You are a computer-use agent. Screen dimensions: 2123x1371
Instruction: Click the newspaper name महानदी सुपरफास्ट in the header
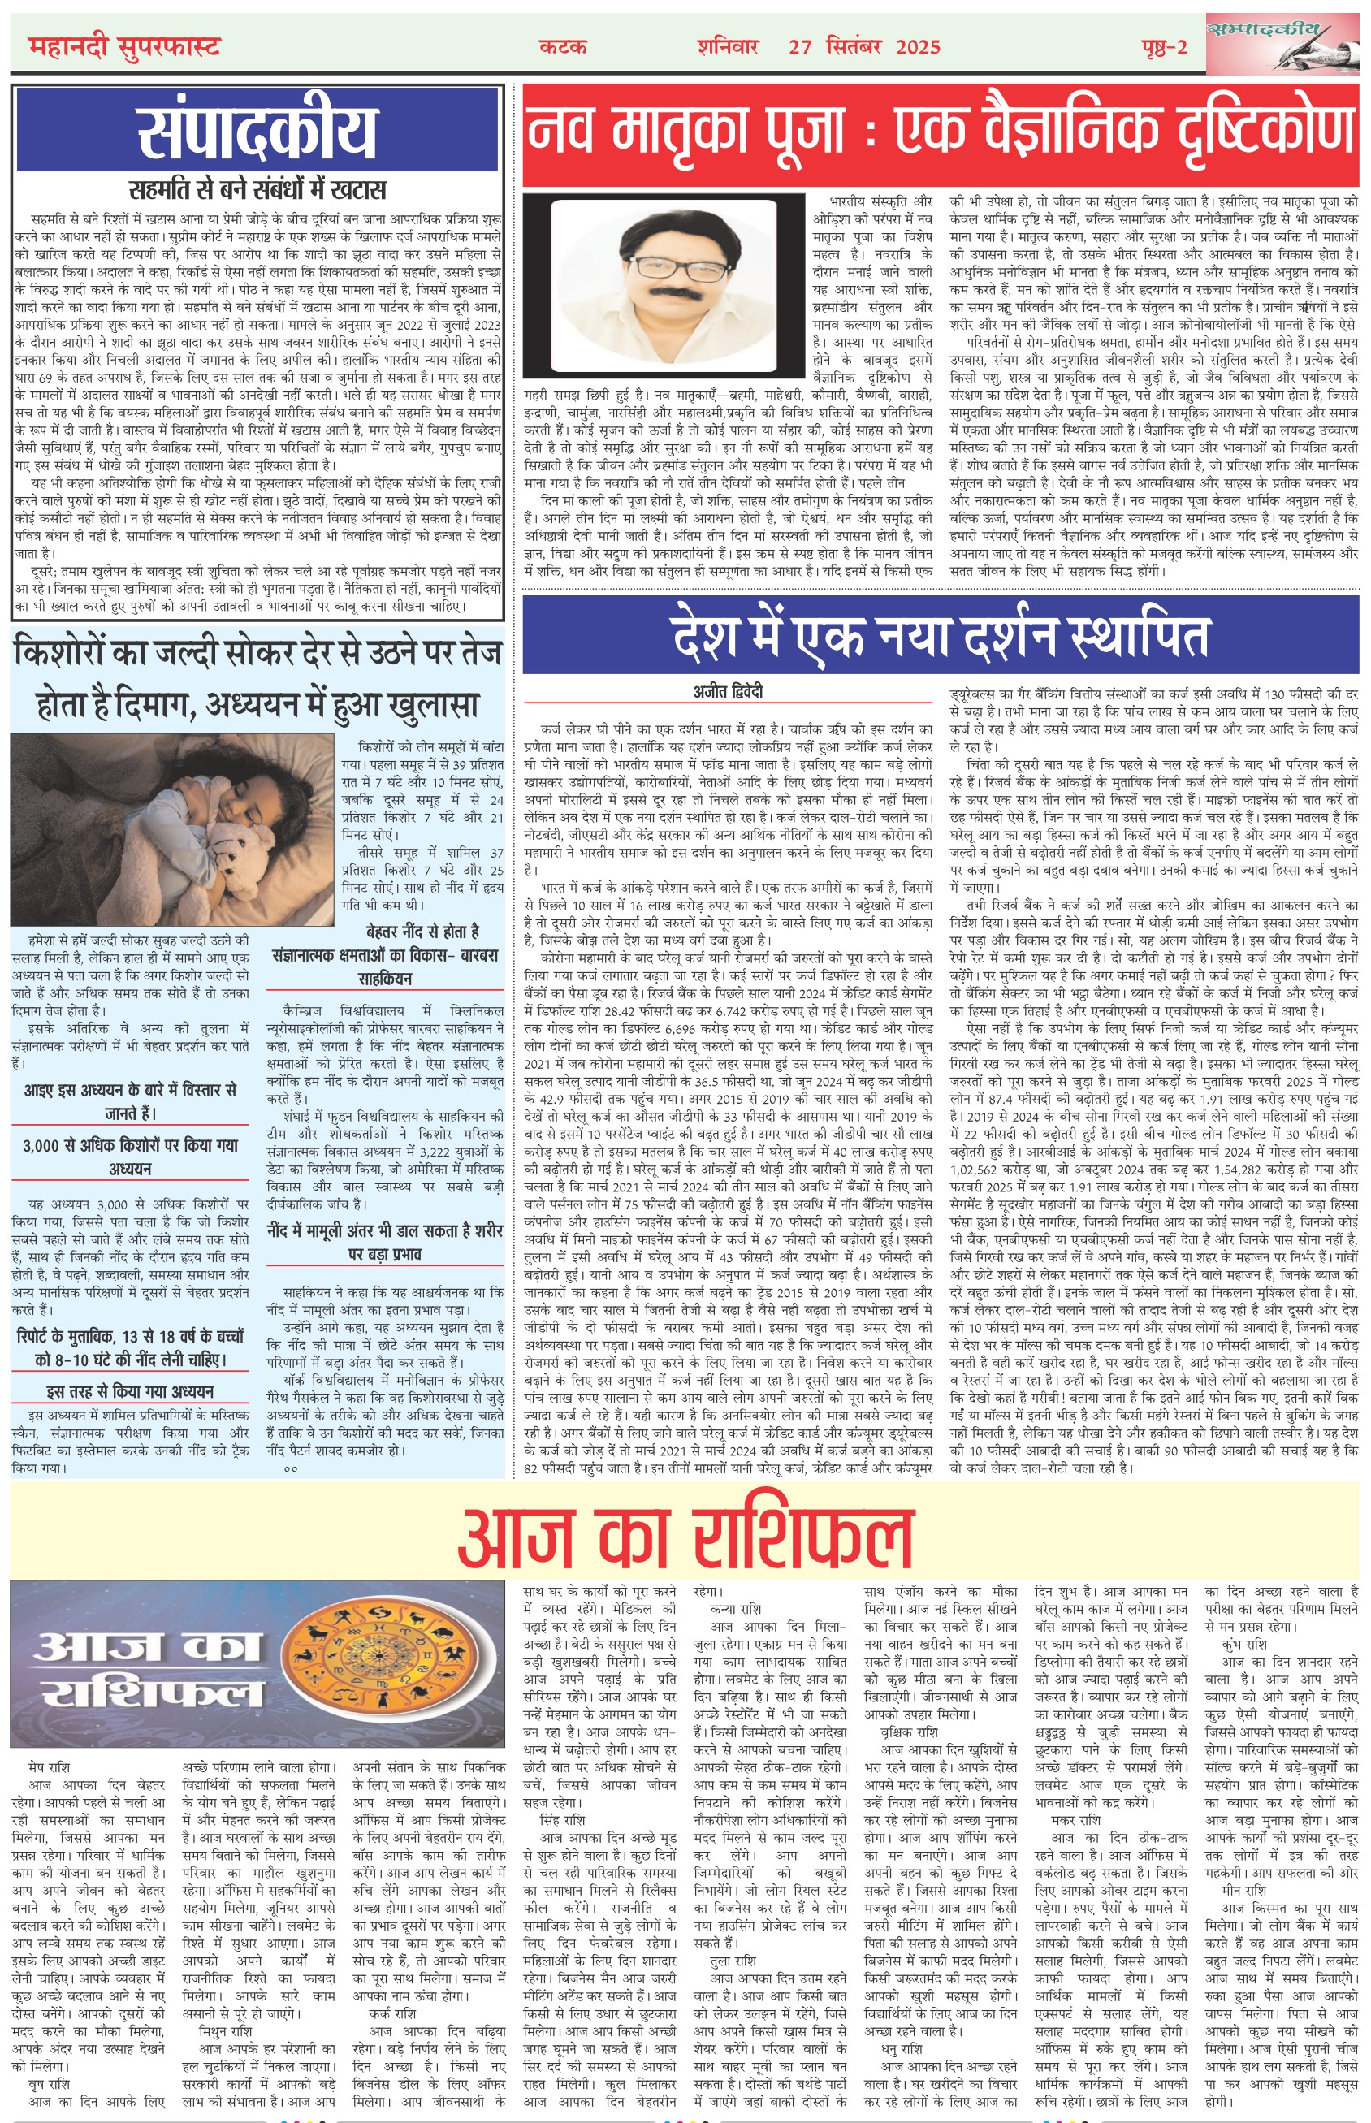click(123, 46)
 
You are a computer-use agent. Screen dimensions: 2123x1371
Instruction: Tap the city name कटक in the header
click(563, 46)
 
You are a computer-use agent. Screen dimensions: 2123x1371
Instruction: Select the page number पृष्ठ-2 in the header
click(1165, 47)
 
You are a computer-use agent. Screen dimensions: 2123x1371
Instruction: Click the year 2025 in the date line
click(918, 47)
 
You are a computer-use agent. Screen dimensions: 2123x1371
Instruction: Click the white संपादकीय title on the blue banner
click(257, 132)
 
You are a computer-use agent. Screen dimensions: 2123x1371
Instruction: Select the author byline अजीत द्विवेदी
click(729, 692)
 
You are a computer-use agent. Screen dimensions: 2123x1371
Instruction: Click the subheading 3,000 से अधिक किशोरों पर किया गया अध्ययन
click(131, 1157)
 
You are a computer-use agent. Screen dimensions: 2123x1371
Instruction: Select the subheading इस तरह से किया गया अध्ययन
click(131, 1391)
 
